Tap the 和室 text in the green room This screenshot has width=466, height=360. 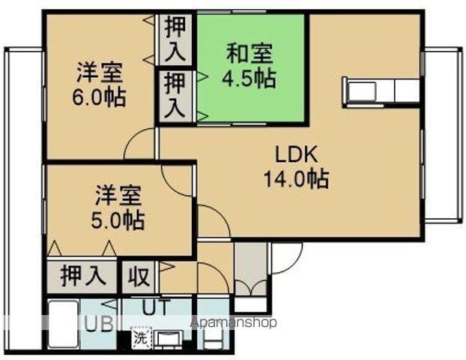point(250,54)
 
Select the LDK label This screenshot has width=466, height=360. point(297,155)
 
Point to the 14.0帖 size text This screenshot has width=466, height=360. point(296,179)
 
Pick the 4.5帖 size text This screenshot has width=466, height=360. point(250,78)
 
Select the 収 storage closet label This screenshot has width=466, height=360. point(138,275)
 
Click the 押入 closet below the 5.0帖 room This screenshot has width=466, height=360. point(82,275)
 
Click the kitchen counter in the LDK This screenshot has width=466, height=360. point(380,91)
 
